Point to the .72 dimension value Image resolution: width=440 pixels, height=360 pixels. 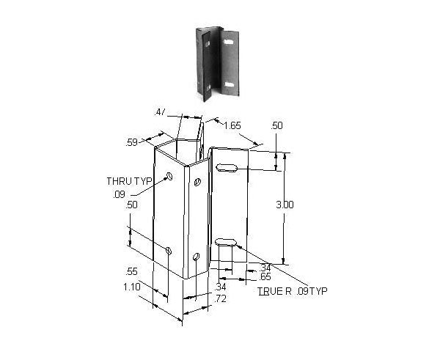pos(220,298)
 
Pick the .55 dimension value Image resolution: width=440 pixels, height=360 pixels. pos(132,271)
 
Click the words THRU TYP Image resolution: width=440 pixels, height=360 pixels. pos(126,180)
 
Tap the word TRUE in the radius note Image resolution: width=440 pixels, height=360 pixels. pos(268,291)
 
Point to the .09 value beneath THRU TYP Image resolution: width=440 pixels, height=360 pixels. pos(119,194)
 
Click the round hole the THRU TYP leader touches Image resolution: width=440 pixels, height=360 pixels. pos(169,176)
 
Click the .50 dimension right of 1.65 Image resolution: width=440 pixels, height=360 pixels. pos(276,126)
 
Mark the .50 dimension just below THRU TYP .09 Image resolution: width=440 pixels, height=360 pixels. pos(132,206)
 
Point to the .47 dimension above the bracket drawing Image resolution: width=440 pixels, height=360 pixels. pos(161,112)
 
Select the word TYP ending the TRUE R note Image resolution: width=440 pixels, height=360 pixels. pos(318,291)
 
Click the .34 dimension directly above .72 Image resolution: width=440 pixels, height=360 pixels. pos(220,287)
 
